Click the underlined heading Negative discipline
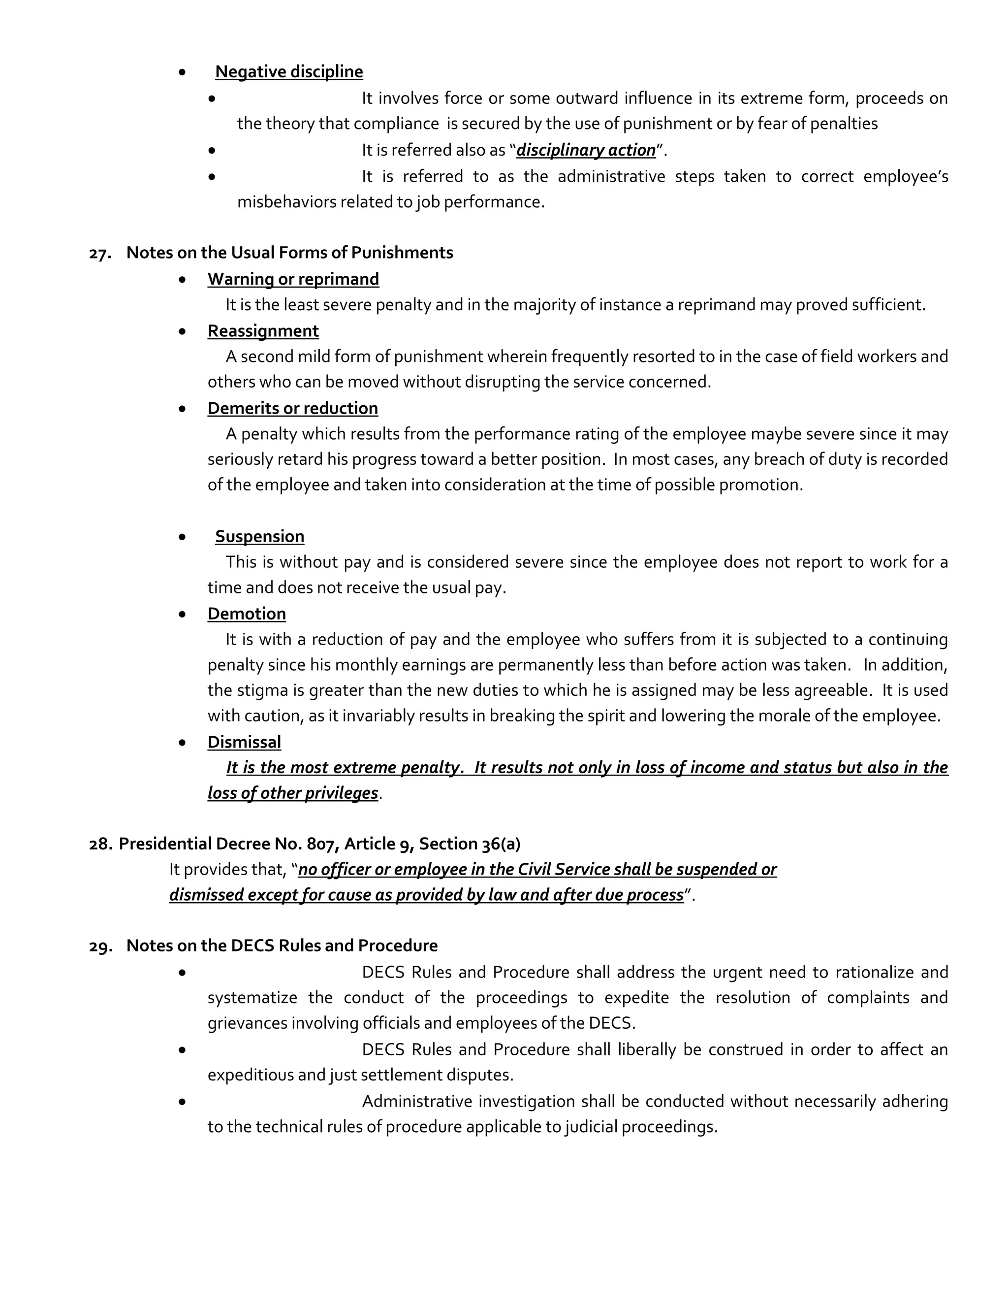point(288,72)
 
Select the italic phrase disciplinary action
point(585,150)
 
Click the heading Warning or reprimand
point(293,279)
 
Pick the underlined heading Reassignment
point(263,331)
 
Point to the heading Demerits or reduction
point(293,408)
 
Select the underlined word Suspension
point(259,537)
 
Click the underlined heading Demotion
point(247,614)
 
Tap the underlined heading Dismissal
point(244,742)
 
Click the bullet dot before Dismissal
point(182,743)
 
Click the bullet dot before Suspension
point(182,537)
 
